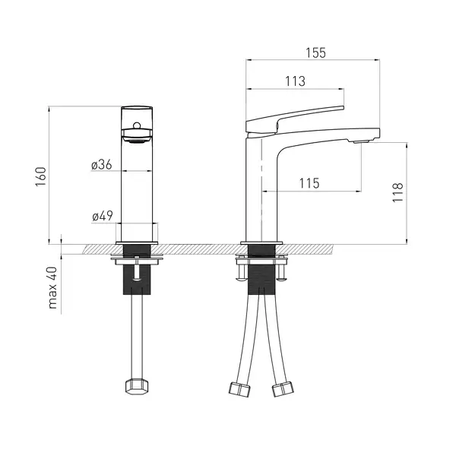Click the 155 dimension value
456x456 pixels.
(315, 53)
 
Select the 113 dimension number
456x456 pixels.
(295, 81)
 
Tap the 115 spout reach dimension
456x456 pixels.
(309, 183)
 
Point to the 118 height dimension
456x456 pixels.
(397, 192)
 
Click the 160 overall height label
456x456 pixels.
(41, 177)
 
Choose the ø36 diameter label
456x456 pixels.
(102, 165)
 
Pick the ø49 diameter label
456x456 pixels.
(103, 216)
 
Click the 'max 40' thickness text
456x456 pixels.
(53, 287)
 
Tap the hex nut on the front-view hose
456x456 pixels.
(137, 387)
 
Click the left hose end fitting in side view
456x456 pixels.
(239, 389)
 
